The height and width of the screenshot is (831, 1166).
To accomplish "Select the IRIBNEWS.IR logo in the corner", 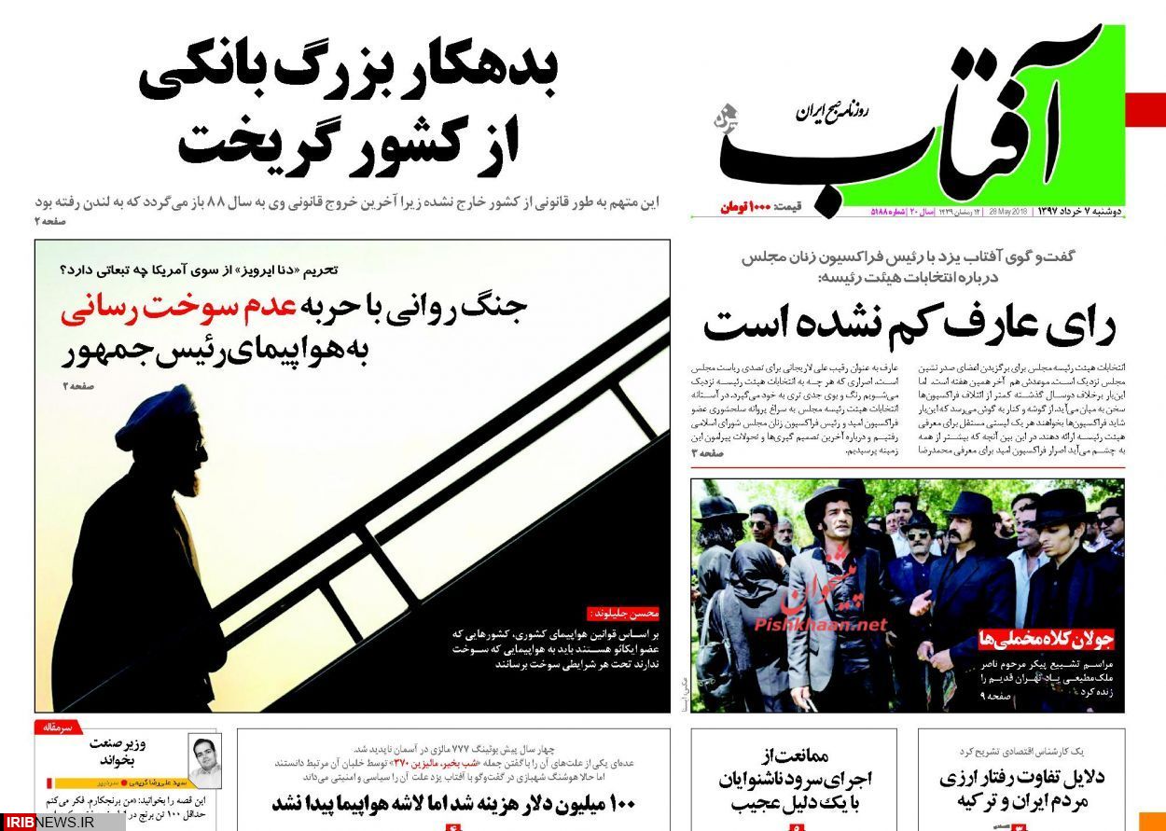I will [61, 821].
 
